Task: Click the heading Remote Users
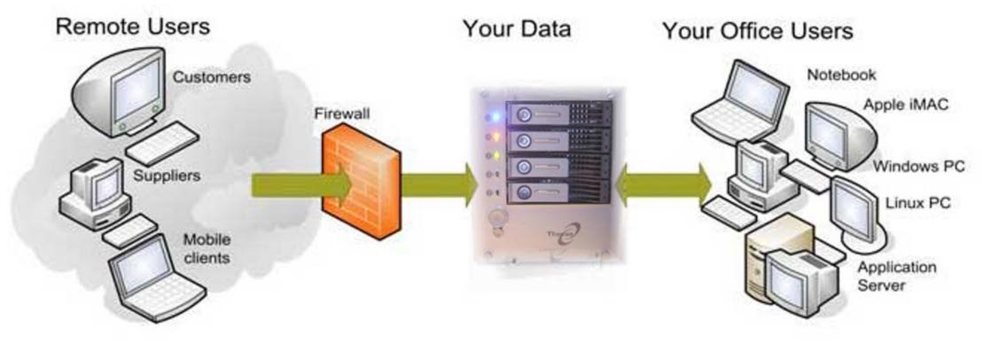point(132,26)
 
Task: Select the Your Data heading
point(517,29)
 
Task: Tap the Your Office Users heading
point(758,32)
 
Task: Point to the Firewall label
point(341,115)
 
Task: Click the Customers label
point(212,77)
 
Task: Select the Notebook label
point(842,74)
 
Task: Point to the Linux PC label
point(918,203)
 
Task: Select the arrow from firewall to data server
point(440,185)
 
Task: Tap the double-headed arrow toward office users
point(664,185)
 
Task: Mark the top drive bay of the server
point(558,114)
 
